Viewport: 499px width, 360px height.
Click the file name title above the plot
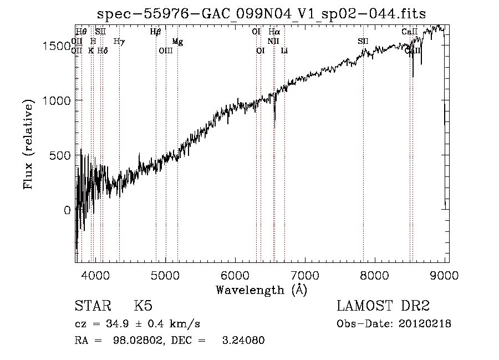pyautogui.click(x=262, y=13)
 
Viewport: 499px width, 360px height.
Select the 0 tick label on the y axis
pyautogui.click(x=68, y=211)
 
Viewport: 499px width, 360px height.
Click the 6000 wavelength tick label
pyautogui.click(x=236, y=275)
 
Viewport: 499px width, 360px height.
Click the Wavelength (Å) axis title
pyautogui.click(x=261, y=290)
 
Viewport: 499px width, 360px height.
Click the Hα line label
pyautogui.click(x=274, y=32)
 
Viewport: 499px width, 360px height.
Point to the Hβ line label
pyautogui.click(x=155, y=32)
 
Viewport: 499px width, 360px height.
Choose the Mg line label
pyautogui.click(x=177, y=42)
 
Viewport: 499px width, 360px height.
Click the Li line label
pyautogui.click(x=284, y=51)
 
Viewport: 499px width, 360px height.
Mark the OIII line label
pyautogui.click(x=166, y=51)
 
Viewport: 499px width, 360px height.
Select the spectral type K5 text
pyautogui.click(x=143, y=306)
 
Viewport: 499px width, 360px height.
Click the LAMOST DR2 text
pyautogui.click(x=383, y=306)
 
